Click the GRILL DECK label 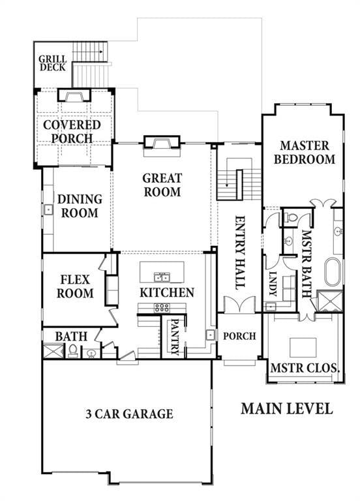pyautogui.click(x=52, y=62)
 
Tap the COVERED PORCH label pyautogui.click(x=72, y=131)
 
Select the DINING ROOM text pyautogui.click(x=79, y=206)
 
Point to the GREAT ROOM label pyautogui.click(x=162, y=185)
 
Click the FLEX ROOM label pyautogui.click(x=76, y=287)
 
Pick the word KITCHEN pyautogui.click(x=166, y=292)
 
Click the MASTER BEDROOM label pyautogui.click(x=304, y=152)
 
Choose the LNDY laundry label pyautogui.click(x=273, y=284)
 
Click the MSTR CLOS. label pyautogui.click(x=304, y=369)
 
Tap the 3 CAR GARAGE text pyautogui.click(x=129, y=414)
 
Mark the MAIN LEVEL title pyautogui.click(x=286, y=409)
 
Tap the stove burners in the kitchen pyautogui.click(x=162, y=307)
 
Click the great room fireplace pyautogui.click(x=160, y=144)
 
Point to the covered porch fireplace pyautogui.click(x=72, y=96)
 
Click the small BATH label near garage pyautogui.click(x=71, y=336)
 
